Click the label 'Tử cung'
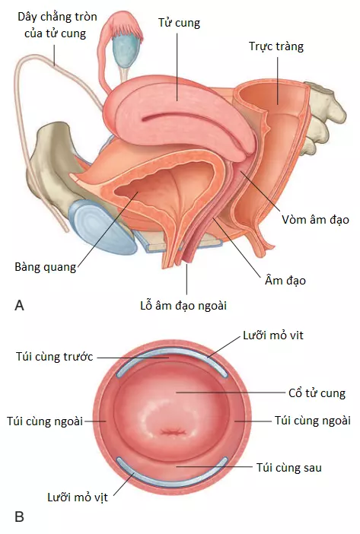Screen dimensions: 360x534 (x=179, y=23)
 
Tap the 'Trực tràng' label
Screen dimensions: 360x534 (x=276, y=46)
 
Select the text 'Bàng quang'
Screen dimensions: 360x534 (x=46, y=267)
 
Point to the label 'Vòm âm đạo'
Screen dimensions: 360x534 (x=315, y=220)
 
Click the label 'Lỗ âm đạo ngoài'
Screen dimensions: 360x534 (x=183, y=306)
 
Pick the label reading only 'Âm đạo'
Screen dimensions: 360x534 (x=285, y=281)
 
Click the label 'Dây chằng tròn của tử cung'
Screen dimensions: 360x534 (x=57, y=25)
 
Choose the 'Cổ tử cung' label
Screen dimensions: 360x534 (x=317, y=393)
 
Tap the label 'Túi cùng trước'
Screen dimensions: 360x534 (x=55, y=357)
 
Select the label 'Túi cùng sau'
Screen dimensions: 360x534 (x=288, y=468)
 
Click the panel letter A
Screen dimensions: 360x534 (x=20, y=306)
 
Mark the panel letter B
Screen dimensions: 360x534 (x=20, y=517)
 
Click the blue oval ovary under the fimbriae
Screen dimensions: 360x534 (x=126, y=49)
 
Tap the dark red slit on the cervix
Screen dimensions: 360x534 (x=174, y=433)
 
